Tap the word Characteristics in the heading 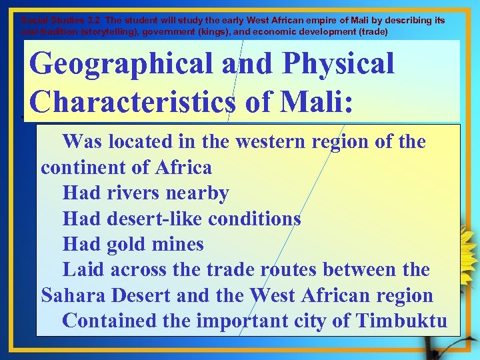[132, 101]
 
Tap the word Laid [84, 270]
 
